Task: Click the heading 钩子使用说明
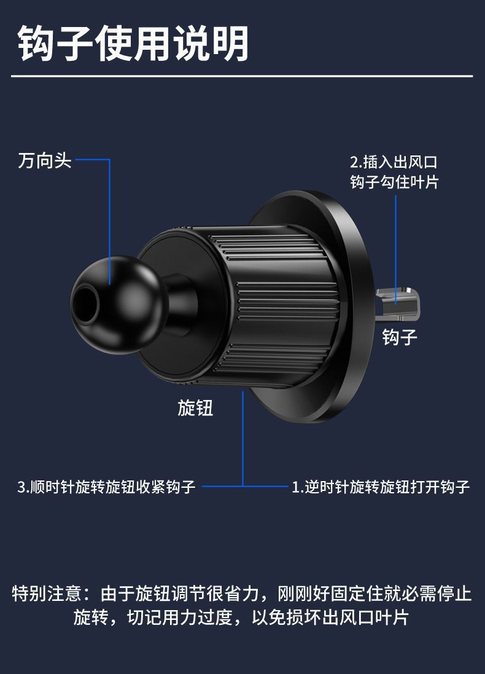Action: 133,44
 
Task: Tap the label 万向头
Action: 45,160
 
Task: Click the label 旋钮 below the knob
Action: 195,408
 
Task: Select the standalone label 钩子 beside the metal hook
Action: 400,337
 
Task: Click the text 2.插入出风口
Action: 394,162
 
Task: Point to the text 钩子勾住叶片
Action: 394,182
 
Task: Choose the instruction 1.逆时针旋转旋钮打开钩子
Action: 381,487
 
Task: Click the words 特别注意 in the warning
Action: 47,594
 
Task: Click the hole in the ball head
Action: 86,304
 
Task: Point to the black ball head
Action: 117,305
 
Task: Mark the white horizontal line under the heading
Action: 242,77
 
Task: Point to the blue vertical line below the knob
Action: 243,439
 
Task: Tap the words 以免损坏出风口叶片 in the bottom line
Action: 330,617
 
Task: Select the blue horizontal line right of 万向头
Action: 92,160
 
